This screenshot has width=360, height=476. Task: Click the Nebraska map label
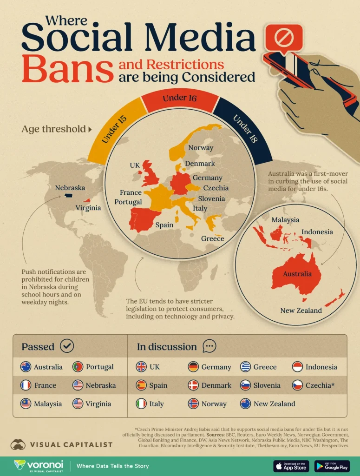click(x=70, y=188)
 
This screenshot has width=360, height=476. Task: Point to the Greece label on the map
click(x=213, y=238)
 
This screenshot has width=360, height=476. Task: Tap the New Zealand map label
click(x=301, y=310)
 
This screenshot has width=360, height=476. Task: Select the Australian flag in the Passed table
click(x=26, y=367)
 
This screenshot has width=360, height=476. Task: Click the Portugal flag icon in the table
click(x=78, y=367)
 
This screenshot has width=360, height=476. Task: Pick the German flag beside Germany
click(x=193, y=367)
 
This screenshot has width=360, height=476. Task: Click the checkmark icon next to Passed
click(x=67, y=346)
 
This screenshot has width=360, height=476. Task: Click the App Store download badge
click(x=291, y=466)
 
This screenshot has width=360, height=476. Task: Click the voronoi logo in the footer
click(x=34, y=466)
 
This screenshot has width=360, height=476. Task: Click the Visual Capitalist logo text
click(x=72, y=444)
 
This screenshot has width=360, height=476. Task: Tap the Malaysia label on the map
click(x=285, y=219)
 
